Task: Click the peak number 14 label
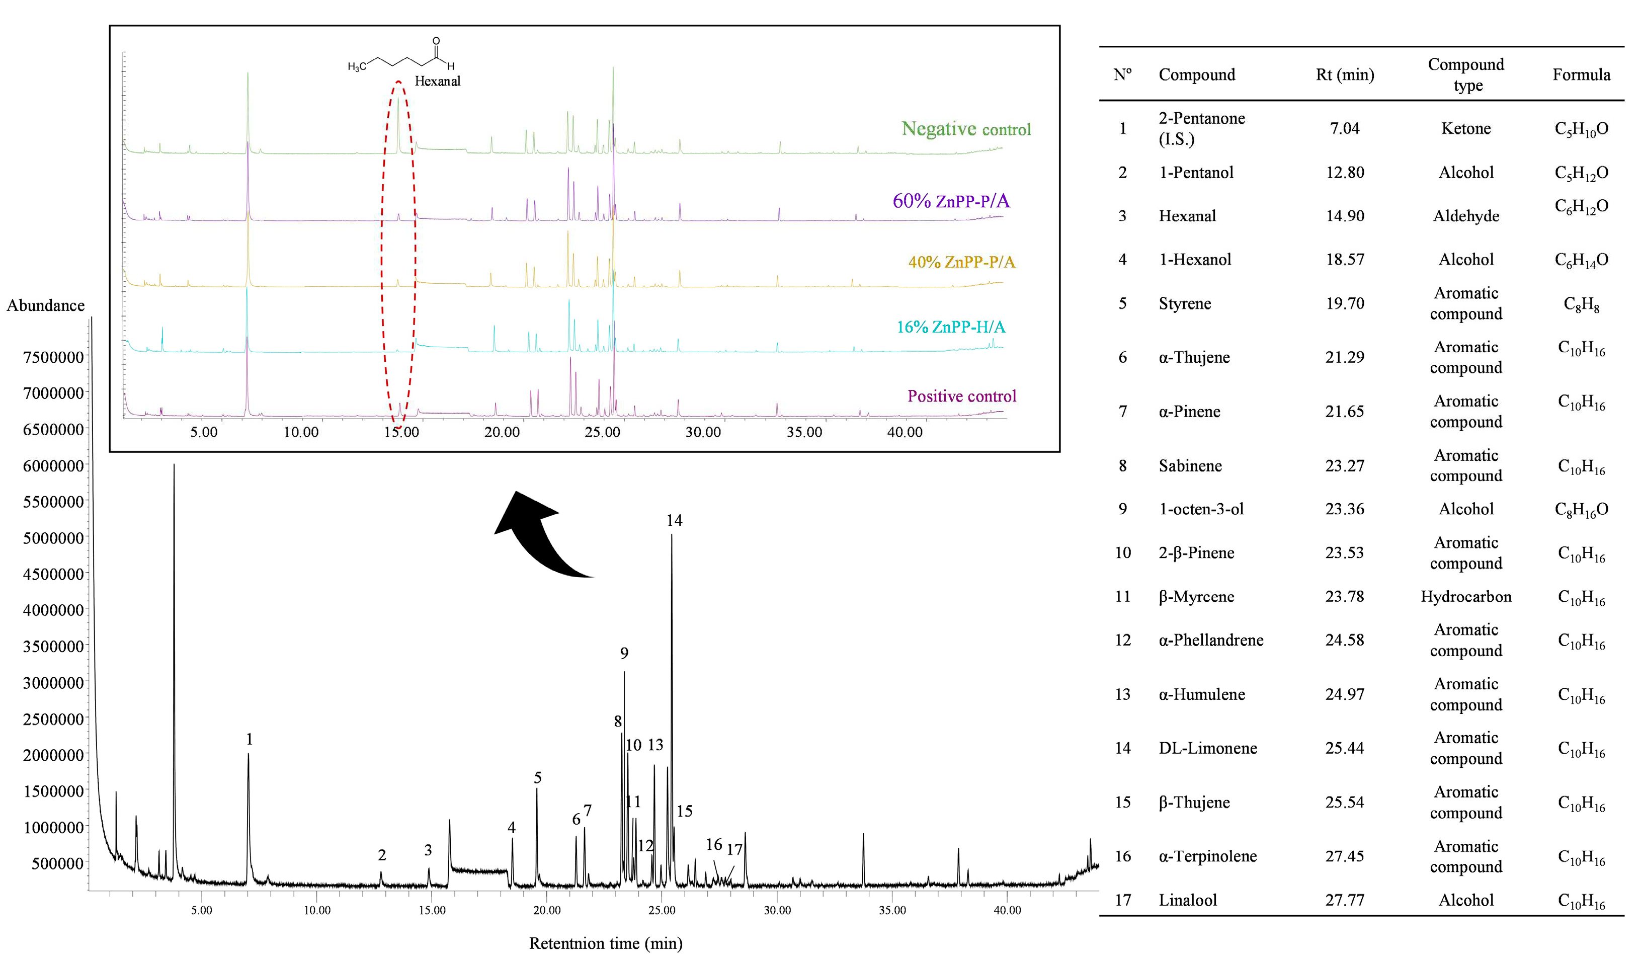point(674,520)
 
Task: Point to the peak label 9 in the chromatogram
point(624,653)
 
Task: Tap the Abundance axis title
point(46,305)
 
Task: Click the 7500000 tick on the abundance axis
point(53,357)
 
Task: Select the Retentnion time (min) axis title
point(606,943)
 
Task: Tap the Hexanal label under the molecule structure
point(437,82)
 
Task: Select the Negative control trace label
point(966,129)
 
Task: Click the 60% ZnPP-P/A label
point(951,201)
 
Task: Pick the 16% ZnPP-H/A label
point(951,327)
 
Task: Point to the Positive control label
point(962,396)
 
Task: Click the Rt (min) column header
point(1345,75)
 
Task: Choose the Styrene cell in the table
point(1185,303)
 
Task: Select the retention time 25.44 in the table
point(1344,748)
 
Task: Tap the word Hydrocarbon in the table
point(1466,597)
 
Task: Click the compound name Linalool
point(1187,900)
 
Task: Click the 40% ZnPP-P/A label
point(961,262)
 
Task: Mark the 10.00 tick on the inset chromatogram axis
point(301,432)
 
